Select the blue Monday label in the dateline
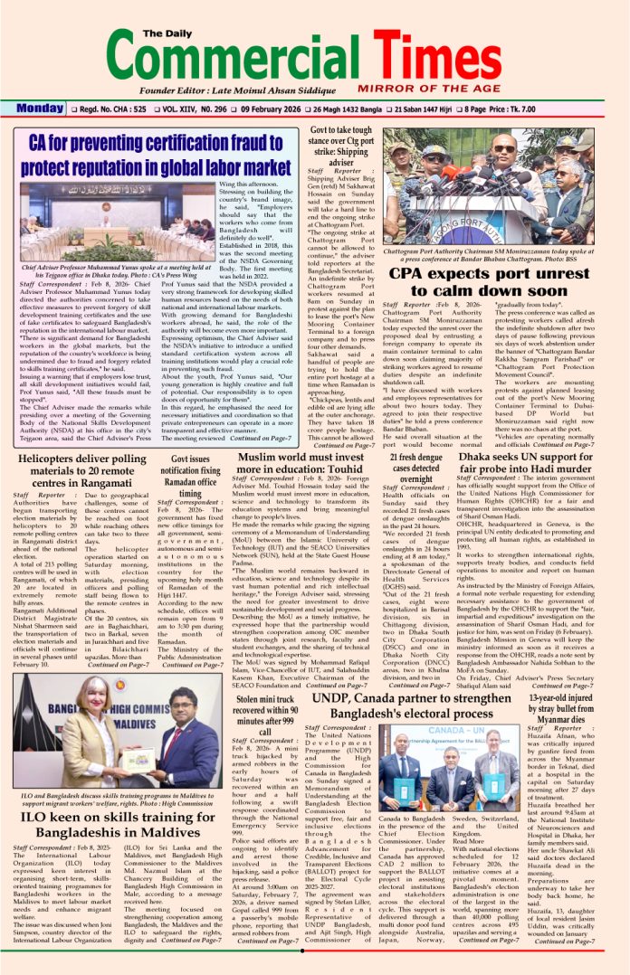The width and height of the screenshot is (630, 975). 39,109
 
